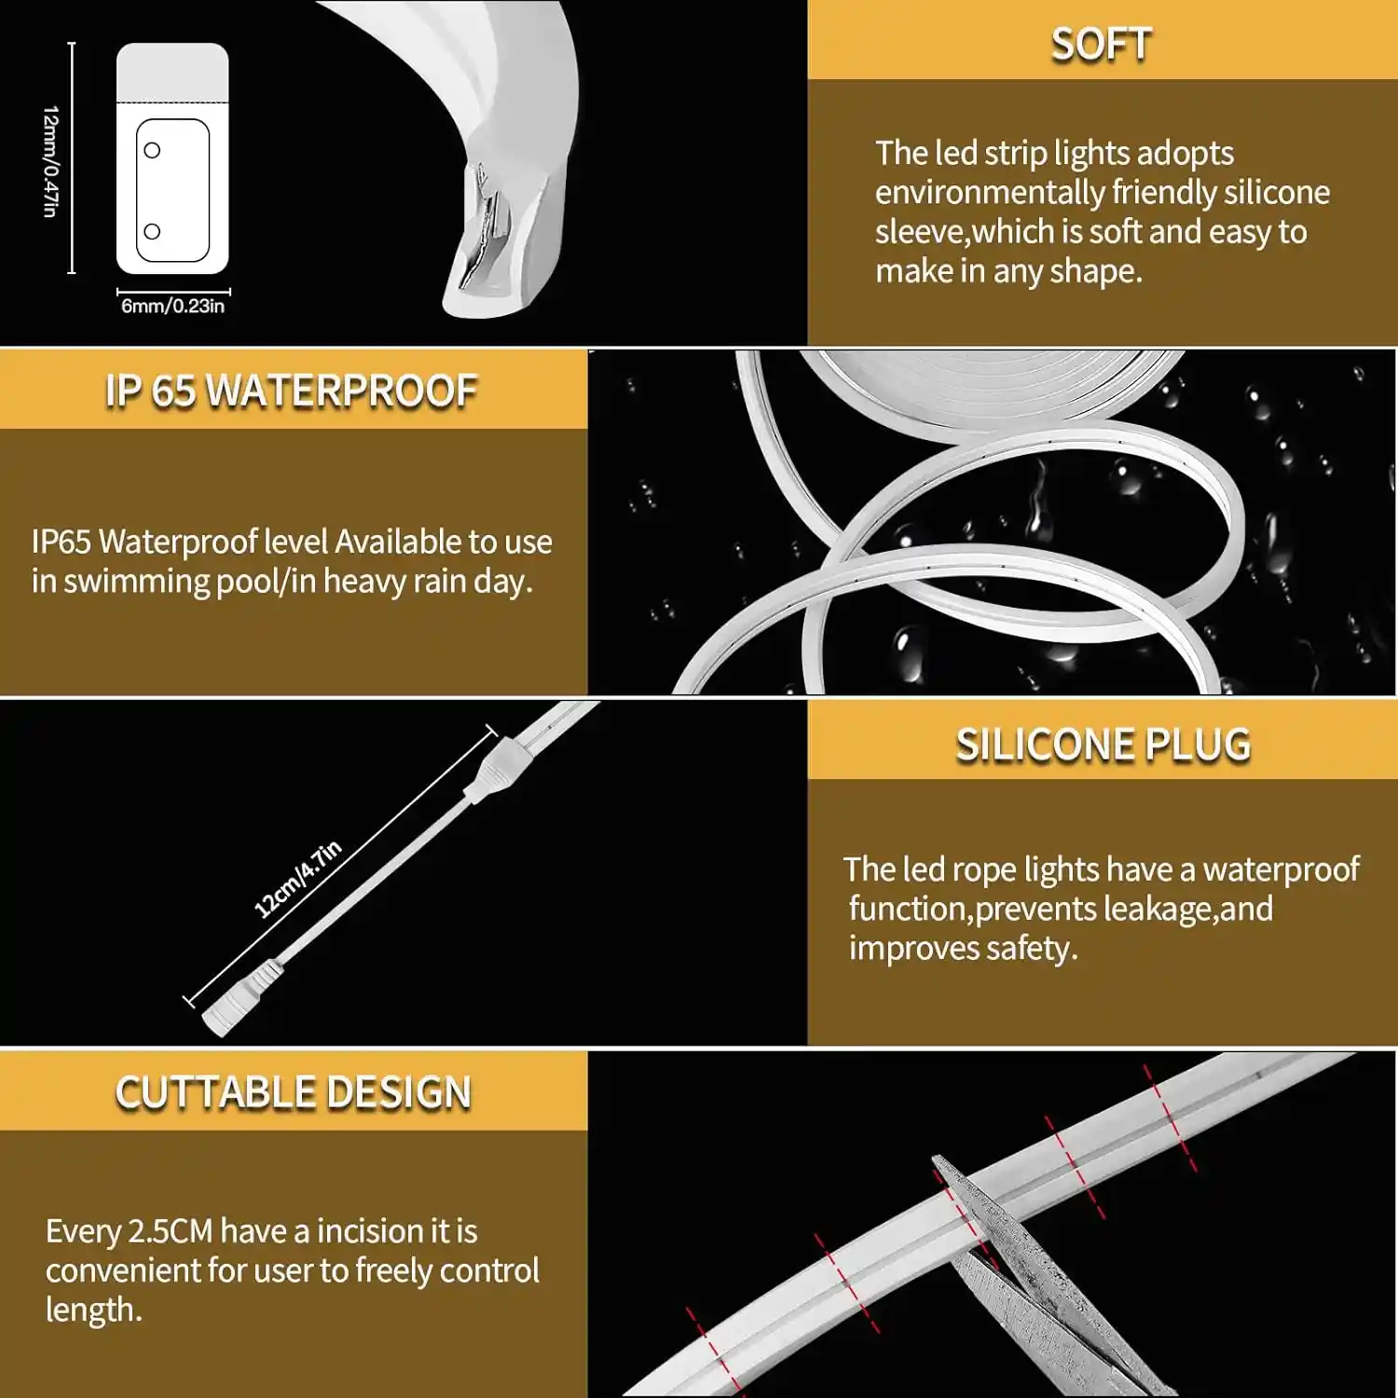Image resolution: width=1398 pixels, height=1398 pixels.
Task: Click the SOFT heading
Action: tap(1101, 44)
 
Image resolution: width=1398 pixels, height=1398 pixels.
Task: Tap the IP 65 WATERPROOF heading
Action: tap(291, 391)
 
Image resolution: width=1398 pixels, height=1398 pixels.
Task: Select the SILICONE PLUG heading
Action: tap(1103, 745)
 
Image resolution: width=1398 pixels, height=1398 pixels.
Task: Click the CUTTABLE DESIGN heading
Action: tap(293, 1092)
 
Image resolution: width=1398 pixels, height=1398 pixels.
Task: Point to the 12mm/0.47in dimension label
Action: tap(50, 162)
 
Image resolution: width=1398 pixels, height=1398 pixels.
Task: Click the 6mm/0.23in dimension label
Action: tap(173, 306)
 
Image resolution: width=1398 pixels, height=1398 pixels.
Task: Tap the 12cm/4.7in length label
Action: tap(298, 879)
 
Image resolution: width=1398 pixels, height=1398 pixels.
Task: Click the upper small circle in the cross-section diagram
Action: tap(152, 150)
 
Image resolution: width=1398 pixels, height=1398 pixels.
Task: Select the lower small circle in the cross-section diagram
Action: tap(152, 231)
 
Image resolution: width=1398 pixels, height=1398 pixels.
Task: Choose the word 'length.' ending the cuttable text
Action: tap(94, 1309)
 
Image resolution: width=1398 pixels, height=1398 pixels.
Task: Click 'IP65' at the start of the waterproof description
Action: tap(62, 541)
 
